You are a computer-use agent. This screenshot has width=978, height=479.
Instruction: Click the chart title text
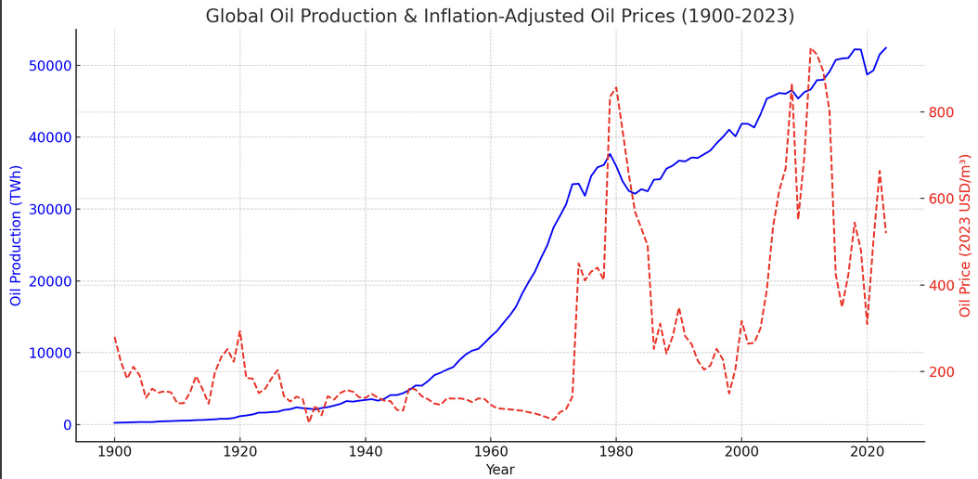click(499, 16)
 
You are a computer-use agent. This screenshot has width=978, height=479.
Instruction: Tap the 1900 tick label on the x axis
click(114, 453)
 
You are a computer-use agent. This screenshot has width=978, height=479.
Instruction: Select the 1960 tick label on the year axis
click(490, 453)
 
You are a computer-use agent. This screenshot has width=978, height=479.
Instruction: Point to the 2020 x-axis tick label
click(867, 453)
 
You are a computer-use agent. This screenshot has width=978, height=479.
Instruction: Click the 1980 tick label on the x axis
click(615, 453)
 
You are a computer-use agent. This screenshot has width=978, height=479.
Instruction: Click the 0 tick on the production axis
click(65, 425)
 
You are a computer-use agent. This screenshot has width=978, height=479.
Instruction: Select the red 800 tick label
click(942, 112)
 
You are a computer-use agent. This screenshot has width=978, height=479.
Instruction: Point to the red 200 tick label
click(942, 372)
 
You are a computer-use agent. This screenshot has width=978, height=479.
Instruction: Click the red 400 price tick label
click(942, 286)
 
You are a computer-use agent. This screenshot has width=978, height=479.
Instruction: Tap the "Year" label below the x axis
click(499, 470)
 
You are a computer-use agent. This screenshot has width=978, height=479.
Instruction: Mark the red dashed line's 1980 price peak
click(616, 87)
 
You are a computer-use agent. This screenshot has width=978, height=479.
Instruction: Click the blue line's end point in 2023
click(886, 47)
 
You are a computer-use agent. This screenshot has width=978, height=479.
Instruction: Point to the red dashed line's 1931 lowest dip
click(309, 421)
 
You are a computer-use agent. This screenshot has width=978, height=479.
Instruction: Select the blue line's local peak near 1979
click(610, 154)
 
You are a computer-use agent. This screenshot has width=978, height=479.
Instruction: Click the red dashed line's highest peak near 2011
click(810, 48)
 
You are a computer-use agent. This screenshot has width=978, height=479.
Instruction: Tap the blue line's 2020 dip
click(867, 74)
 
